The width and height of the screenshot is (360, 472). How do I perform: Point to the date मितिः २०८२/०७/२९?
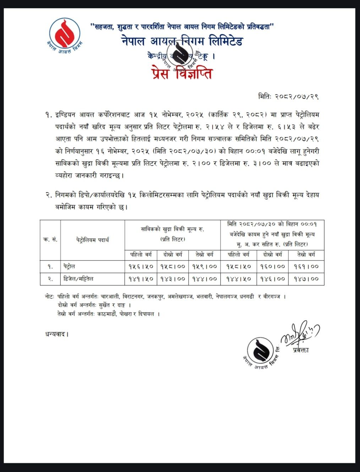(x=288, y=96)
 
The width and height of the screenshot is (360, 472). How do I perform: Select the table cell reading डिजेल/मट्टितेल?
(x=78, y=279)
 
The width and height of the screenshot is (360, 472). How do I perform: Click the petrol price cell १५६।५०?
(x=141, y=266)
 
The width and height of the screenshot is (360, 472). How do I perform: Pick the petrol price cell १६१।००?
(x=306, y=266)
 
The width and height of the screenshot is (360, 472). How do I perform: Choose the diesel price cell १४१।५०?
(x=141, y=279)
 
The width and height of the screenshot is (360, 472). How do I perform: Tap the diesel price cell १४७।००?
(x=306, y=279)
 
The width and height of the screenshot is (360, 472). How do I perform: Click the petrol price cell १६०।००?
(x=272, y=266)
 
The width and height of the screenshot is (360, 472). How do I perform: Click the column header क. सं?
(x=50, y=240)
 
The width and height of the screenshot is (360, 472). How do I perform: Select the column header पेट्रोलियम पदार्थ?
(x=92, y=240)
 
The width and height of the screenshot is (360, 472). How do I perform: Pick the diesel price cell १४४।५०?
(x=238, y=279)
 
